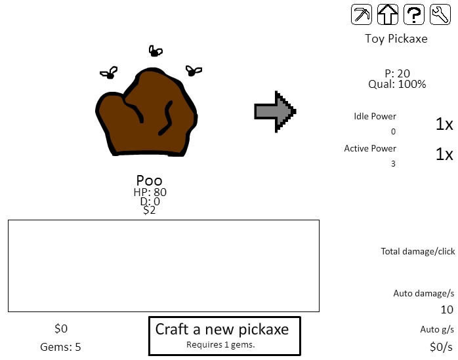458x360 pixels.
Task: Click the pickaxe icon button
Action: coord(362,14)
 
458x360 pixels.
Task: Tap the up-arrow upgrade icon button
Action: coord(388,14)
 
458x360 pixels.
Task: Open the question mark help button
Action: coord(414,14)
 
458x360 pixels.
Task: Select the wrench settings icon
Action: coord(440,14)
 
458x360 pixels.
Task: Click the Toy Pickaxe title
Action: coord(396,39)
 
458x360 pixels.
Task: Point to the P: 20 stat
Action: coord(397,73)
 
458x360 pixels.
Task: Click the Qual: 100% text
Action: coord(397,84)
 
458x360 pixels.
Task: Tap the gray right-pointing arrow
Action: coord(275,111)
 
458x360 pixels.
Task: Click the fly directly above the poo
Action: coord(156,51)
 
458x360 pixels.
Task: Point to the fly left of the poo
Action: coord(109,73)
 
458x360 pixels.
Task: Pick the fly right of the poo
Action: coord(194,71)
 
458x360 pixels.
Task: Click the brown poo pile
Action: coord(146,112)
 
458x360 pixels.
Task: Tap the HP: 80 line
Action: coord(150,192)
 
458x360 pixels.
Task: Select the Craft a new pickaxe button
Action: coord(224,336)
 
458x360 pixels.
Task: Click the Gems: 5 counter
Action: coord(60,347)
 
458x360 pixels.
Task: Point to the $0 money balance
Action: coord(61,329)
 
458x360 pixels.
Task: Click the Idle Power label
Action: coord(375,116)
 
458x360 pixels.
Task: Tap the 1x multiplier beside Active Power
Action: coord(444,154)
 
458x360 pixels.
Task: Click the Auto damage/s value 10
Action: coord(447,310)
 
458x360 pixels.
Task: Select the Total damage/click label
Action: coord(418,251)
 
